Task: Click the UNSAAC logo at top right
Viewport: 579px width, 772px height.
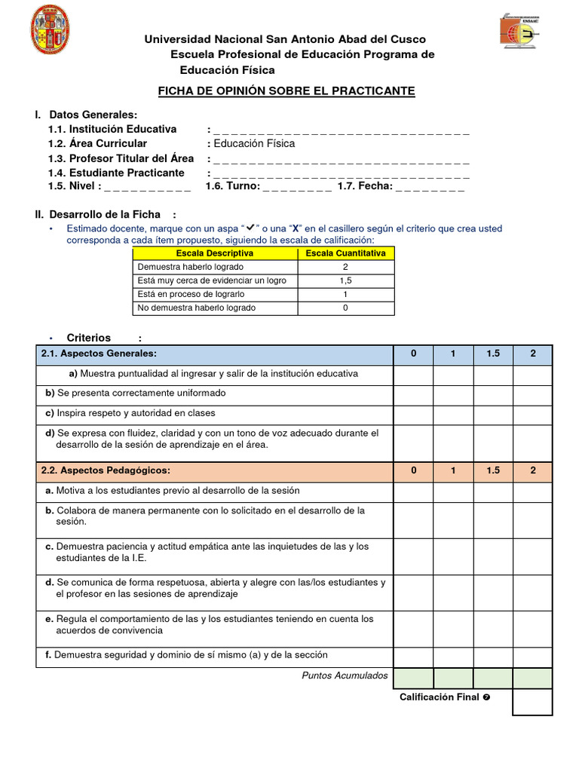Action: (x=521, y=31)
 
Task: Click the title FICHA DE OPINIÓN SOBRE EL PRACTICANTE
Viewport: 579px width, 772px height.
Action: (x=286, y=91)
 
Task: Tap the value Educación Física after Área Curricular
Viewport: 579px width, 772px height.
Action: (x=254, y=143)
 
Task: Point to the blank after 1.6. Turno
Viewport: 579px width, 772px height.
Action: (x=297, y=187)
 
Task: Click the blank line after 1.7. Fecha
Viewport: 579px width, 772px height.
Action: (x=430, y=187)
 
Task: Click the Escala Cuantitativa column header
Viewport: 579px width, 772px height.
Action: (x=345, y=253)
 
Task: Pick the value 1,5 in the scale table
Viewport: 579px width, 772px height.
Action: (x=345, y=280)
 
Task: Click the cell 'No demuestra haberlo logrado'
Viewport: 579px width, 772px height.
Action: (x=196, y=308)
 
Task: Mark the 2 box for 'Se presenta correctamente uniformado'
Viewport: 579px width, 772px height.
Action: (x=532, y=394)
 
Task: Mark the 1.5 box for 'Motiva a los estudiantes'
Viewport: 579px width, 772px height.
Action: (x=493, y=492)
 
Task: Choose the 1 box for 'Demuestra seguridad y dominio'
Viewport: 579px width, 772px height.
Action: (x=453, y=657)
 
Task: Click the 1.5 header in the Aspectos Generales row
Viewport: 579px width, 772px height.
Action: (x=493, y=354)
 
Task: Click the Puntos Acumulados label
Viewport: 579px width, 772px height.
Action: (x=345, y=675)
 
